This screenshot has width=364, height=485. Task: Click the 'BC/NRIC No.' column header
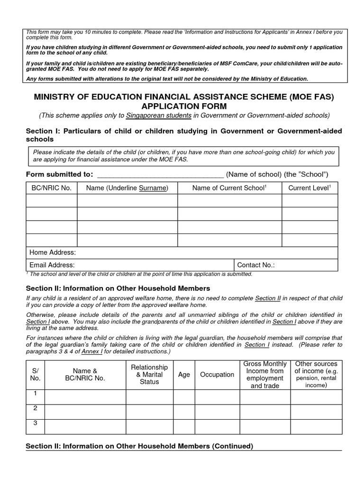51,188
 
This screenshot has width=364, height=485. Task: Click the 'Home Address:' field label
53,252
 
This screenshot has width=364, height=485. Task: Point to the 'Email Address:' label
52,265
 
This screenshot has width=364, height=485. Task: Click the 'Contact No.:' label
256,265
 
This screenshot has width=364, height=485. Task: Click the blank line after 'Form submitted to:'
160,174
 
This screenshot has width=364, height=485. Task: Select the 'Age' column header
184,375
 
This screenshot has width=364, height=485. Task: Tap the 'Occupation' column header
217,375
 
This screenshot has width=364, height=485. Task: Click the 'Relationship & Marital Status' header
149,374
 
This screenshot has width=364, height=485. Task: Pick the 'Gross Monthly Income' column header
265,374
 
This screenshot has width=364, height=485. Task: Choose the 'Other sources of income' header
316,374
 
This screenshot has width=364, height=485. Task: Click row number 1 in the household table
35,394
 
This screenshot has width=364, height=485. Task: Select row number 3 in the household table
35,423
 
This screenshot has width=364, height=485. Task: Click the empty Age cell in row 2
184,412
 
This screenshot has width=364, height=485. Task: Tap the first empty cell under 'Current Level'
309,201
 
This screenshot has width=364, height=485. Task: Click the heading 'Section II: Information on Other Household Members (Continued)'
139,446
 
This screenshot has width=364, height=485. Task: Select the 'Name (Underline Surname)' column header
127,188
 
